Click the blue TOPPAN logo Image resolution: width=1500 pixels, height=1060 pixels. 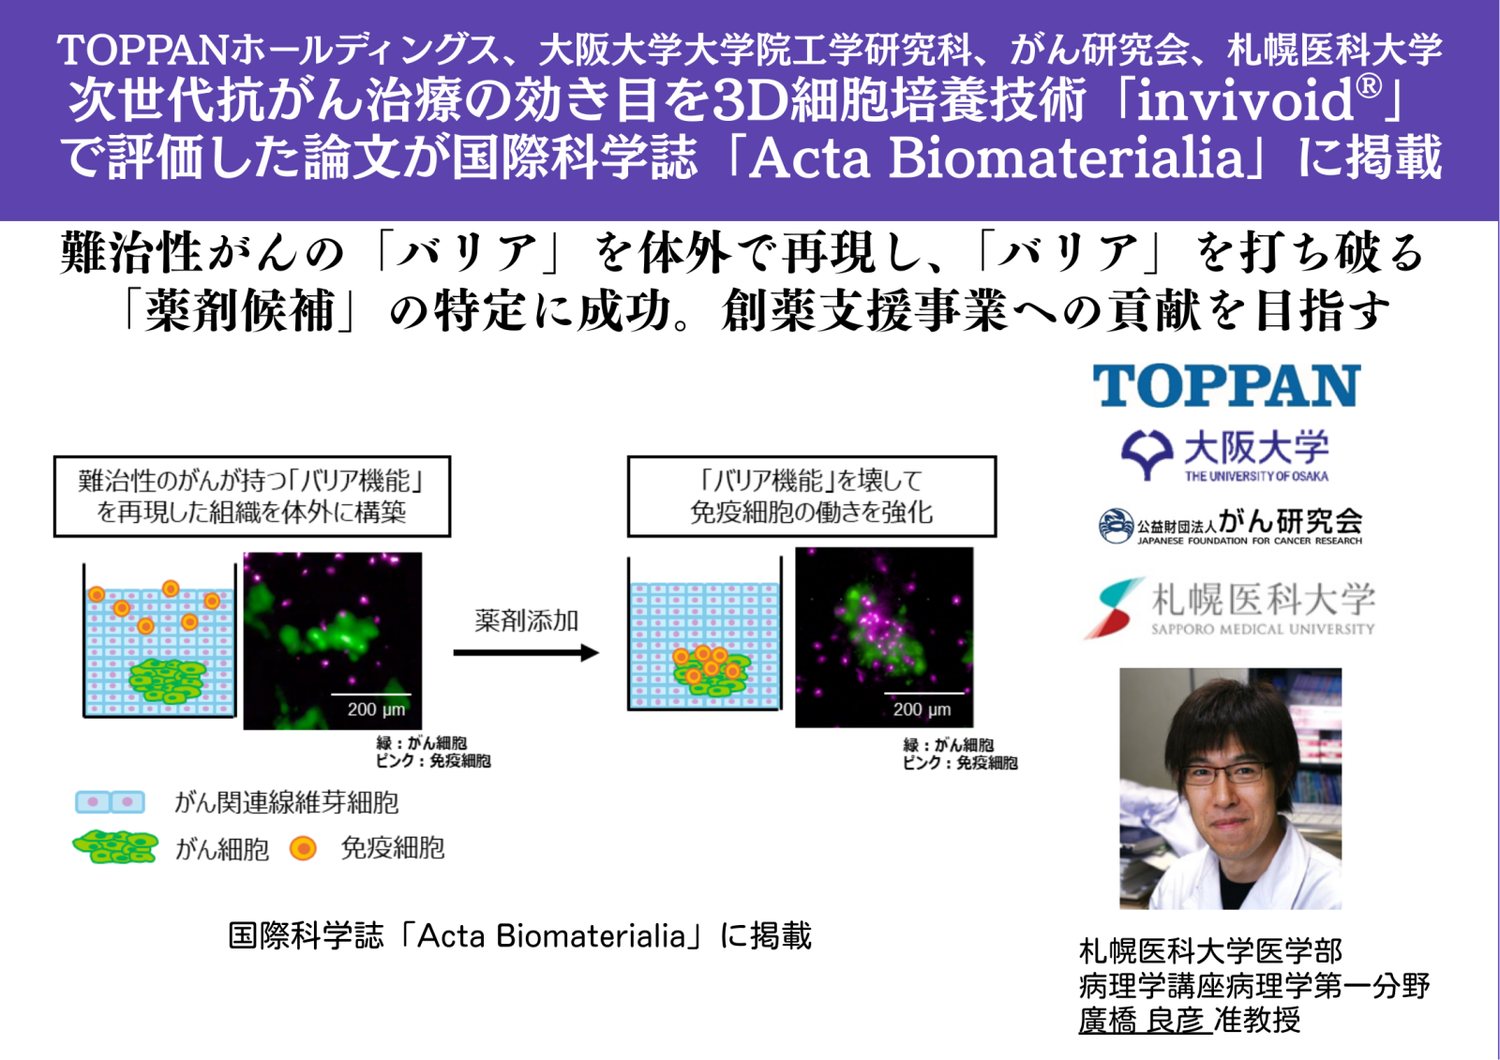1226,386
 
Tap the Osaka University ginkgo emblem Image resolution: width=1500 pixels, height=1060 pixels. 1147,454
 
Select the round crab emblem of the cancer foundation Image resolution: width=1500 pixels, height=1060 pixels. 1116,526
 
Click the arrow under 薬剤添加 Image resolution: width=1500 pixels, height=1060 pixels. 526,653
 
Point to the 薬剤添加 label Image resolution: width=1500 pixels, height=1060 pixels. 526,620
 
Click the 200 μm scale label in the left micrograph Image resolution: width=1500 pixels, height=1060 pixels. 376,709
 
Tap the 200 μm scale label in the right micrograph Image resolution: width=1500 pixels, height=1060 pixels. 922,709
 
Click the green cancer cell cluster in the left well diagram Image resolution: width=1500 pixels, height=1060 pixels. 167,681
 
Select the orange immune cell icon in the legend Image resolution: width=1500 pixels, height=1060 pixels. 303,848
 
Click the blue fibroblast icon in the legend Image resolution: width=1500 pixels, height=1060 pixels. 110,801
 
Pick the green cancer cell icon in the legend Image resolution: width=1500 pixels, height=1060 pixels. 115,848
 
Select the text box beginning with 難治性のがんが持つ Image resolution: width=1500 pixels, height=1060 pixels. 252,496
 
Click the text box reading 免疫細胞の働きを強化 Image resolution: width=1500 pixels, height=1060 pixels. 812,496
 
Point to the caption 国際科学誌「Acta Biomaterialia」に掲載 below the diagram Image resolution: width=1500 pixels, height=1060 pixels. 519,935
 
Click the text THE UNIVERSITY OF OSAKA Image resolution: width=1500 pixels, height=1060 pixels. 1256,476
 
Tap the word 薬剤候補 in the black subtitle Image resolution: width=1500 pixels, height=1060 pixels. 240,311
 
